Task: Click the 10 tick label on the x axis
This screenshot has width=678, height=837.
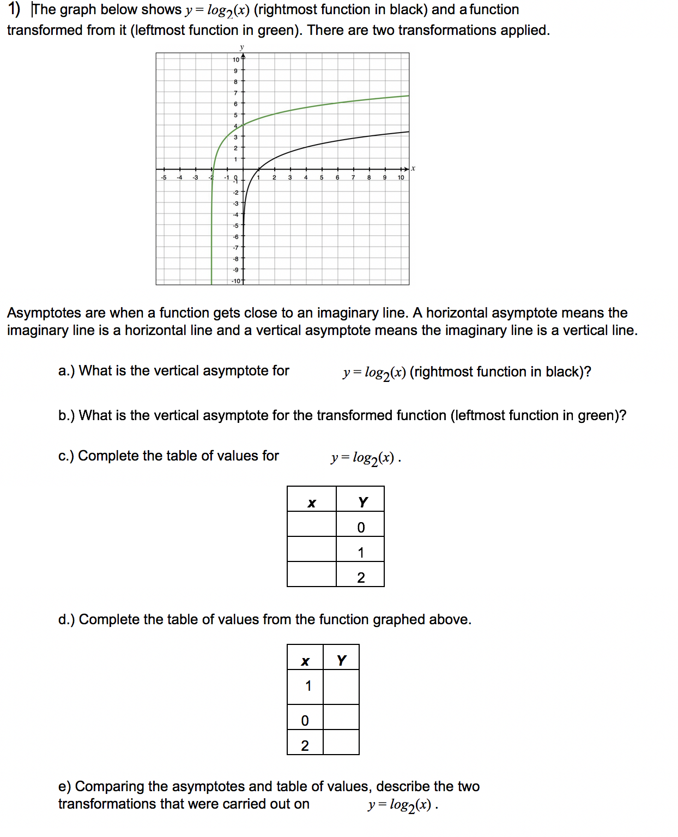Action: pos(401,177)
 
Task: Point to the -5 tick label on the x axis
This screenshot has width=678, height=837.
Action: pos(163,177)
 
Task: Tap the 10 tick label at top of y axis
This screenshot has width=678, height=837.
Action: pos(236,59)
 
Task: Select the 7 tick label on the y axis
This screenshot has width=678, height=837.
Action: pos(235,93)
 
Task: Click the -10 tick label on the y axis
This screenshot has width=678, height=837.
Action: pos(236,281)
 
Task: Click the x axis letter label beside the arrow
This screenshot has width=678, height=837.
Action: pos(413,168)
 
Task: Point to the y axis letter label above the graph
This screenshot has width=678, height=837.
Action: pos(242,47)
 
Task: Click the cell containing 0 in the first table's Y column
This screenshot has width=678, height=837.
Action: pos(360,527)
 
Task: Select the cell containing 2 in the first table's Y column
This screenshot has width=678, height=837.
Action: pos(360,577)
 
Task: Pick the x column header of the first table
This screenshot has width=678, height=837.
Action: pos(312,502)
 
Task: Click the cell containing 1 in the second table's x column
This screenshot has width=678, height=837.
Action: pos(305,686)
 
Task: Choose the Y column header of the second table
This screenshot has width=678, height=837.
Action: pos(341,661)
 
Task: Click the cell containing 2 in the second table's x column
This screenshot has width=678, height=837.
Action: pos(305,745)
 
